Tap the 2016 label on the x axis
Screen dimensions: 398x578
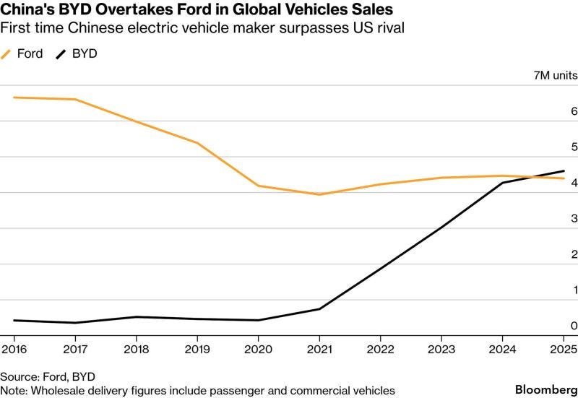(x=14, y=349)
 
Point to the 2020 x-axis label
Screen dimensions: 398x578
(x=258, y=349)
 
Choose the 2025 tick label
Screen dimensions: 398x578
(x=564, y=349)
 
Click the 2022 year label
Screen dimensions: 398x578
(x=380, y=349)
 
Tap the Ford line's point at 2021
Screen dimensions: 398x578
(x=319, y=194)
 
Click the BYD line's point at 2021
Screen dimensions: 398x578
(x=319, y=309)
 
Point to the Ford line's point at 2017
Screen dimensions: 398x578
(x=75, y=99)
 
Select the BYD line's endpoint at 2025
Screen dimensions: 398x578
(x=564, y=171)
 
